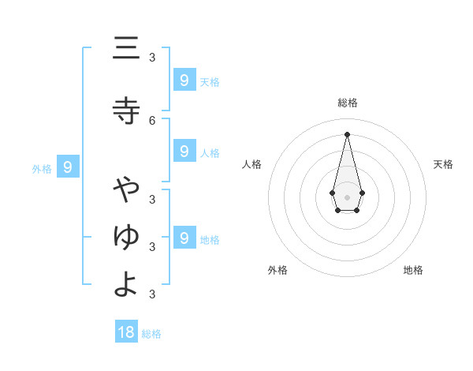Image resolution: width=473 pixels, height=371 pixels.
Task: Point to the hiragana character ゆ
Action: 126,236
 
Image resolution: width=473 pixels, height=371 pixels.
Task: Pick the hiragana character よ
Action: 126,284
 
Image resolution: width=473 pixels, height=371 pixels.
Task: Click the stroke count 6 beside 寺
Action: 152,120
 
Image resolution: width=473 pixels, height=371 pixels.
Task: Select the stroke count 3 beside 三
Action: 152,58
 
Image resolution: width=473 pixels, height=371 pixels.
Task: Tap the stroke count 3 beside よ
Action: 152,294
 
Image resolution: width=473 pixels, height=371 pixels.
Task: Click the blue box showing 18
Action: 126,332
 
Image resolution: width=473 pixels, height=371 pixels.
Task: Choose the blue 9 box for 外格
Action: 68,167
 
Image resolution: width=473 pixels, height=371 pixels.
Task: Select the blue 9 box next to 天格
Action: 184,81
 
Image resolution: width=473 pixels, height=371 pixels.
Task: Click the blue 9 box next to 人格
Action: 184,152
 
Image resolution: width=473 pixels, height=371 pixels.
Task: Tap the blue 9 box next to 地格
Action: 184,238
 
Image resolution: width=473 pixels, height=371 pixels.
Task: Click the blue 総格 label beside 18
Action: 151,334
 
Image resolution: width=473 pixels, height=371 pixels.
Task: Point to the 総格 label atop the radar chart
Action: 348,103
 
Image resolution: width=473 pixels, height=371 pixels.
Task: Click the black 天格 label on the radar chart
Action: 443,164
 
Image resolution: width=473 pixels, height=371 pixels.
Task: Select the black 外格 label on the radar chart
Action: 277,270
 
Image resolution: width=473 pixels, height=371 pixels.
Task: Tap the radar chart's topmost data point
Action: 347,133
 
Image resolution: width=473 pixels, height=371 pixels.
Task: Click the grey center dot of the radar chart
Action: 347,197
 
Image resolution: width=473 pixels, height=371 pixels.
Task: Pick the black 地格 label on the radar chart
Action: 413,270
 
